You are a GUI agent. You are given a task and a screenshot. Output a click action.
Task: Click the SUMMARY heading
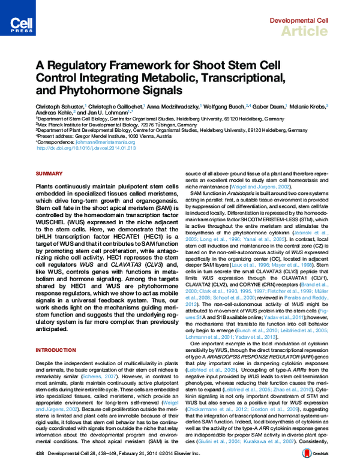coord(46,173)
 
